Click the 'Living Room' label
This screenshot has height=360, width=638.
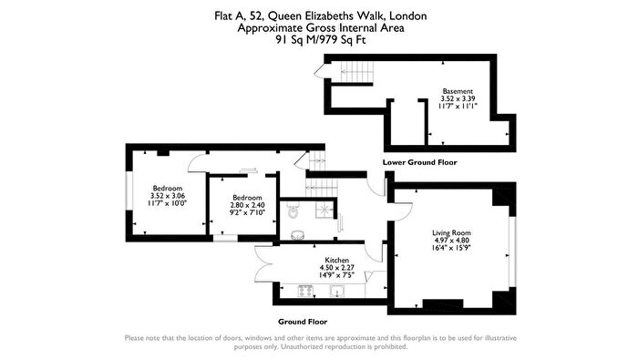point(451,232)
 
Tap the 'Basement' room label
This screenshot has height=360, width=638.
point(458,91)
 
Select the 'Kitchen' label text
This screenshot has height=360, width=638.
point(337,260)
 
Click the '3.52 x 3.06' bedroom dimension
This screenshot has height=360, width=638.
point(168,196)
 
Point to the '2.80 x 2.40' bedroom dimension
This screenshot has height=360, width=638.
point(247,205)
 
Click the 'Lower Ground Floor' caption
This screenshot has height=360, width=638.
point(419,162)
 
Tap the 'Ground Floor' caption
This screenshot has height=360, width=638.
point(303,322)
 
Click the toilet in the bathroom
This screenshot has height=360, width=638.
point(293,212)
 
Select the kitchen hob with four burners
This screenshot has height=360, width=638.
point(305,291)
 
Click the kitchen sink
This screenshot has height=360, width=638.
point(337,291)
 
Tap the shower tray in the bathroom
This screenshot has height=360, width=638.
point(324,210)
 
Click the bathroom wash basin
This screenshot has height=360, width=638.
point(299,235)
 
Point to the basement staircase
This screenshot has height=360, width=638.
point(357,72)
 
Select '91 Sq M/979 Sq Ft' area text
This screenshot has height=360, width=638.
point(321,40)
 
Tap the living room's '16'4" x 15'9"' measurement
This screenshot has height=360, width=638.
point(452,247)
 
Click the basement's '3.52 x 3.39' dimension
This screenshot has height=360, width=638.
point(458,98)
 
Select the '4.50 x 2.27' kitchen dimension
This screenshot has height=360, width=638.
point(337,267)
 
